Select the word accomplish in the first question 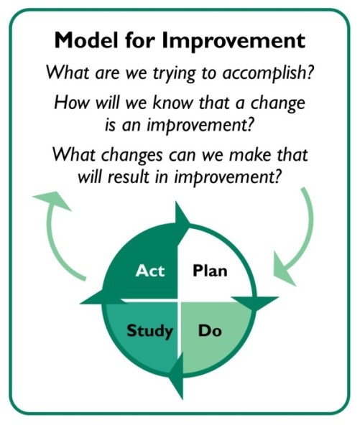[x=267, y=73]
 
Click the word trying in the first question [x=174, y=74]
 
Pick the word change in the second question [x=277, y=104]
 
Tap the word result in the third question [x=128, y=177]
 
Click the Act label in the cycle [x=150, y=271]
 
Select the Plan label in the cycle [x=210, y=271]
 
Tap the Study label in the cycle [x=149, y=331]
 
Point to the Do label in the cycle [x=210, y=330]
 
